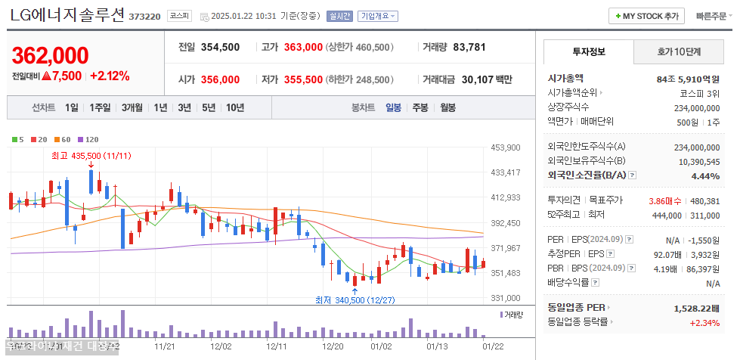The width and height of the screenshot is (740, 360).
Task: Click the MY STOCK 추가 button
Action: (x=646, y=16)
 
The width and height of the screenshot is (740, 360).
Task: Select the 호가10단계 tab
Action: (x=678, y=52)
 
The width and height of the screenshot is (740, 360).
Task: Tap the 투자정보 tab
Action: (x=589, y=52)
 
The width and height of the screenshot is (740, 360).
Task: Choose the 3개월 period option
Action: (x=133, y=107)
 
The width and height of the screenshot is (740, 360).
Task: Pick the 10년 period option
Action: (x=234, y=107)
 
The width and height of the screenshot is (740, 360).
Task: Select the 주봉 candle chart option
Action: (x=420, y=107)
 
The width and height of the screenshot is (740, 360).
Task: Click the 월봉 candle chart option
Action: (x=447, y=107)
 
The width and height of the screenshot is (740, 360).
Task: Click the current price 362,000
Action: (x=51, y=55)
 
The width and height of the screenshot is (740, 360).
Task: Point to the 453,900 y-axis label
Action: (x=506, y=147)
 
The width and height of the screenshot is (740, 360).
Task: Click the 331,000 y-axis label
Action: (x=506, y=298)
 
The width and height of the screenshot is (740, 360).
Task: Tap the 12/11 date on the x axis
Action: (x=276, y=346)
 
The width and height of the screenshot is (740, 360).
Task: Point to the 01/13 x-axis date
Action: (x=438, y=346)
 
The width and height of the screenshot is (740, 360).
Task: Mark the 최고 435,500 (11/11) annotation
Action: (x=91, y=155)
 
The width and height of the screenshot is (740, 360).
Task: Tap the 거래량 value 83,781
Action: (x=469, y=47)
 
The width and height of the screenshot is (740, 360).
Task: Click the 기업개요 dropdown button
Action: (x=378, y=16)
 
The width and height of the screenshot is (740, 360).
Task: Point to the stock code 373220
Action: (x=144, y=16)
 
